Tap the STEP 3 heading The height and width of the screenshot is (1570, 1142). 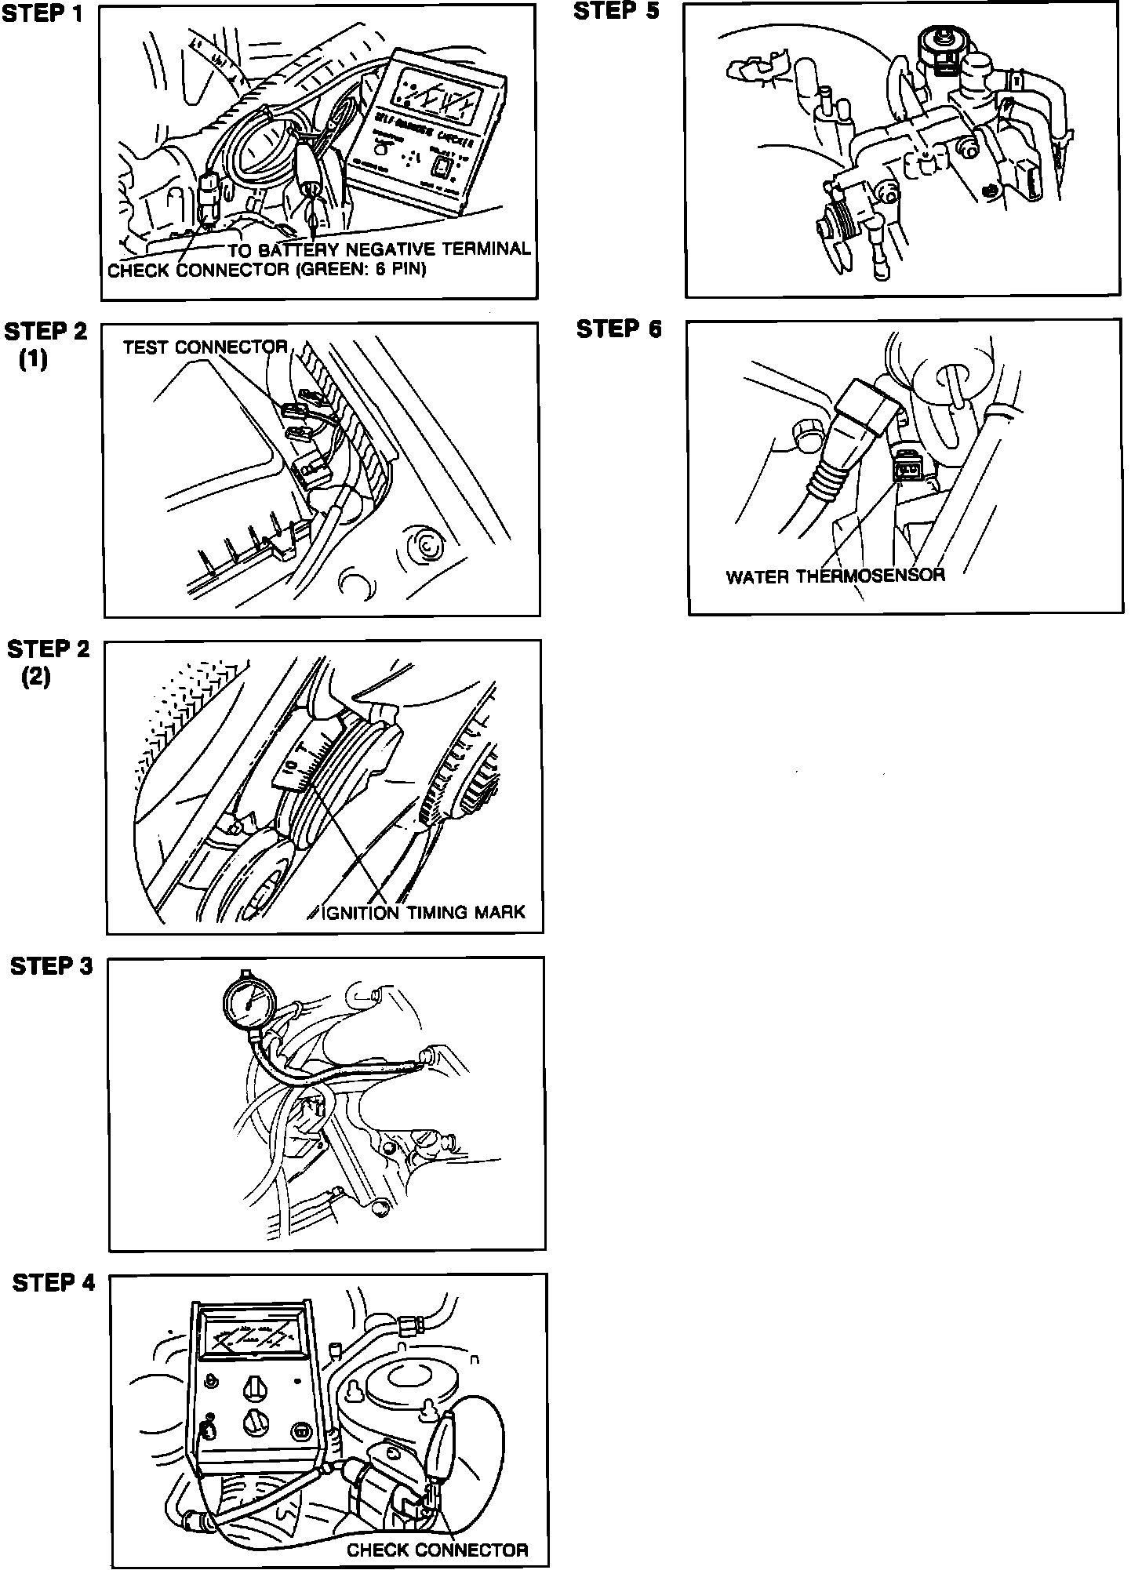pyautogui.click(x=52, y=967)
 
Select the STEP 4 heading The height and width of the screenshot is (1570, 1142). pyautogui.click(x=53, y=1284)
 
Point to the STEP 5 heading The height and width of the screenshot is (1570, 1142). pyautogui.click(x=617, y=12)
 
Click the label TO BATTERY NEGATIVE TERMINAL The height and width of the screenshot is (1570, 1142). pyautogui.click(x=380, y=250)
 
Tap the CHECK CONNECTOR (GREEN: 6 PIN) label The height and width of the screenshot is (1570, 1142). pyautogui.click(x=267, y=271)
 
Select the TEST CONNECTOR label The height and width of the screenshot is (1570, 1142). pyautogui.click(x=205, y=347)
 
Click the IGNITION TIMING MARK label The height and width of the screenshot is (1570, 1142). pyautogui.click(x=424, y=912)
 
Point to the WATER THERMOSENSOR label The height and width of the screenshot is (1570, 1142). pyautogui.click(x=835, y=576)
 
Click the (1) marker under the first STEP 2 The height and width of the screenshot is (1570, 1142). pyautogui.click(x=34, y=361)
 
